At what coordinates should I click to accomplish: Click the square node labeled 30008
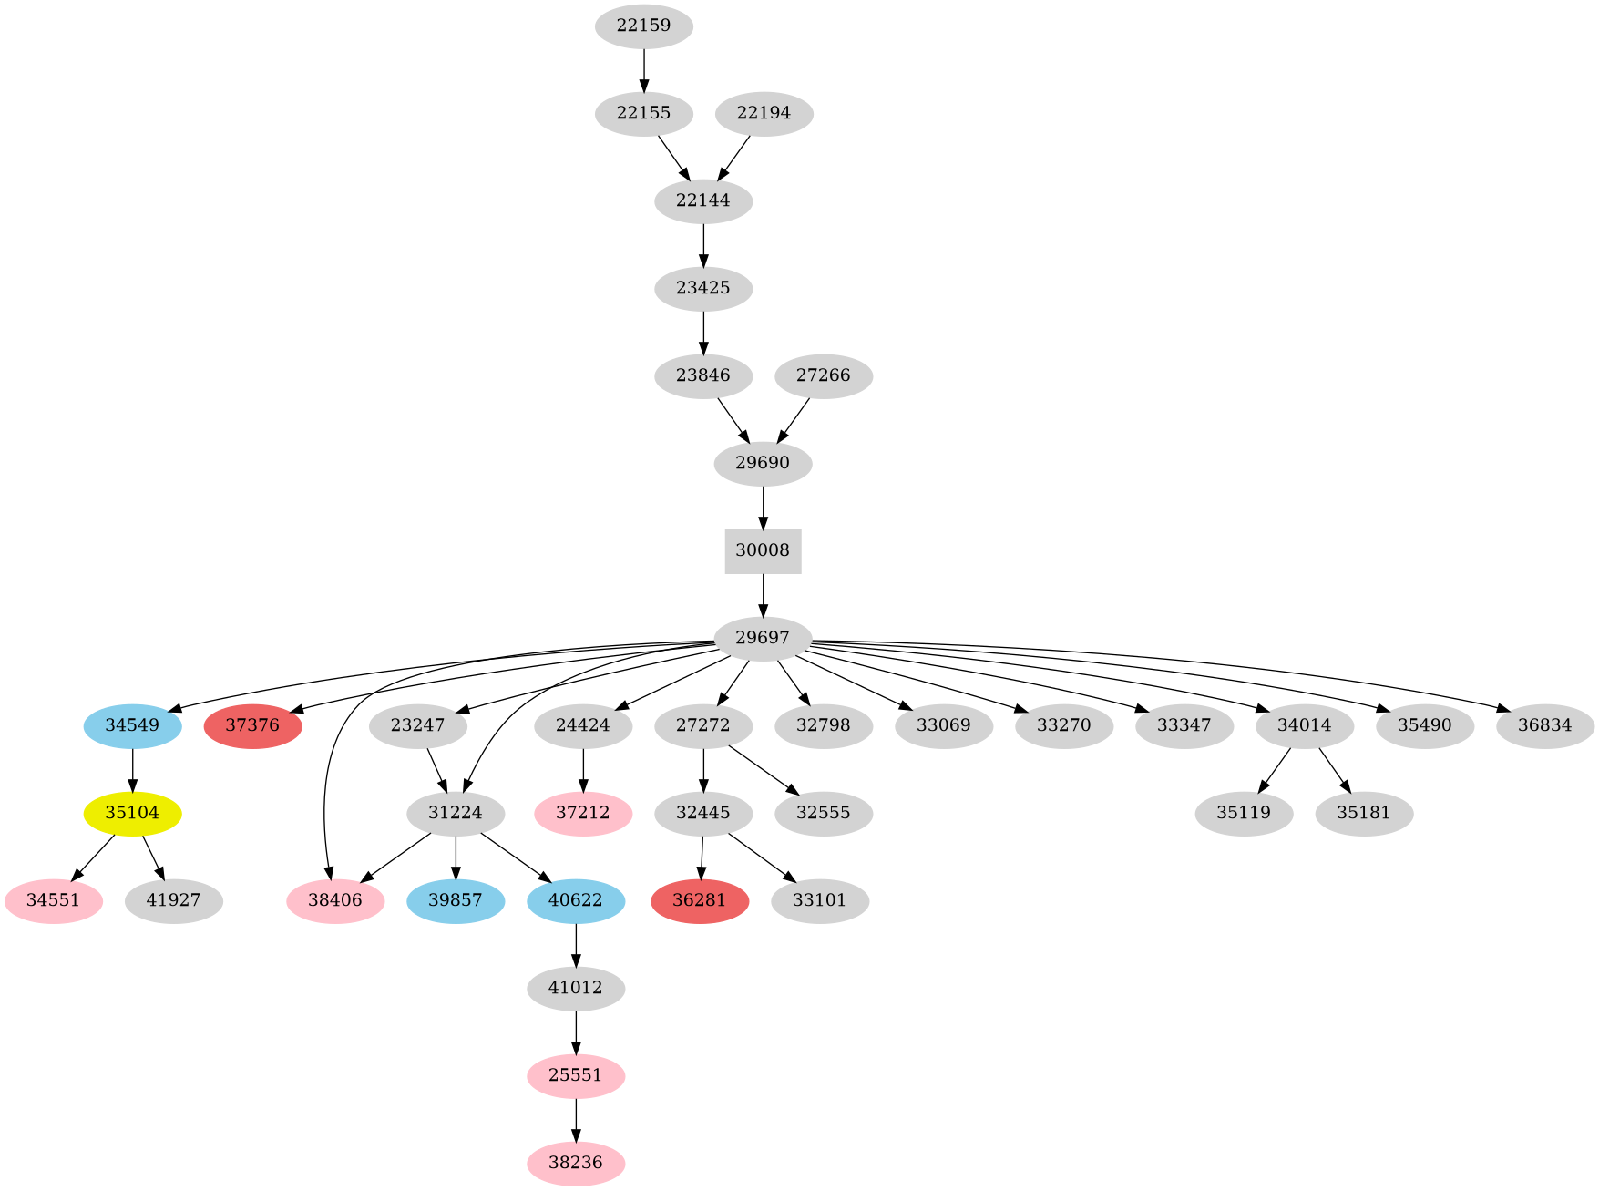pyautogui.click(x=763, y=551)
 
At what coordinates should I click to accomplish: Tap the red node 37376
pyautogui.click(x=252, y=726)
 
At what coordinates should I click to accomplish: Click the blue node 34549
pyautogui.click(x=132, y=726)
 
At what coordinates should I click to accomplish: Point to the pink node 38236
pyautogui.click(x=576, y=1164)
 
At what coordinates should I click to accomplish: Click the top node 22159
pyautogui.click(x=644, y=26)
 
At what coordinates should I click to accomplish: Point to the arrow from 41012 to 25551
pyautogui.click(x=576, y=1032)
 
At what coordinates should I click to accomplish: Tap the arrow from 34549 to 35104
pyautogui.click(x=133, y=770)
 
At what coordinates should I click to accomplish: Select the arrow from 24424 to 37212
pyautogui.click(x=583, y=770)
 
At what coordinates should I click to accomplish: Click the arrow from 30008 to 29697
pyautogui.click(x=763, y=595)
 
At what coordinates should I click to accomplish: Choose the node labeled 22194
pyautogui.click(x=764, y=114)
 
